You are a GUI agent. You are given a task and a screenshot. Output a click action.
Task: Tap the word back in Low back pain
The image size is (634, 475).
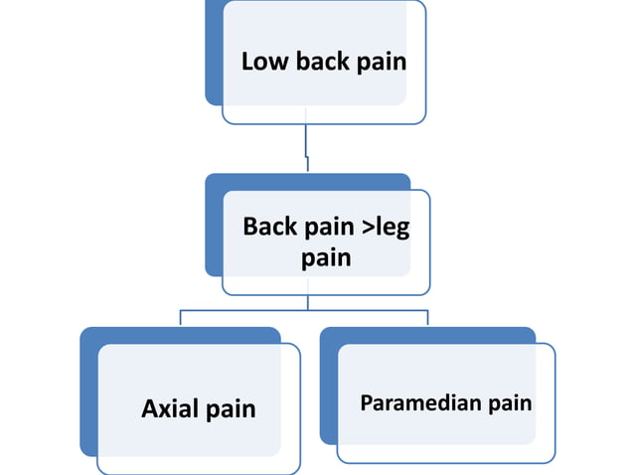321,62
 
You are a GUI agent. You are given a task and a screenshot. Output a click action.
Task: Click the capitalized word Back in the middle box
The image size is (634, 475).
270,227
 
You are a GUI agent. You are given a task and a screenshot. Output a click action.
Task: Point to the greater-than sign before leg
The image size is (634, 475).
368,228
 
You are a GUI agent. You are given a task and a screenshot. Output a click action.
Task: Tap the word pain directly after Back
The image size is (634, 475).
331,228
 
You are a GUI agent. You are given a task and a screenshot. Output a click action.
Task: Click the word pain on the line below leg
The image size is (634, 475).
326,258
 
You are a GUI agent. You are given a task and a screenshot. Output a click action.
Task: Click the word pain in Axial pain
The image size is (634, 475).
231,409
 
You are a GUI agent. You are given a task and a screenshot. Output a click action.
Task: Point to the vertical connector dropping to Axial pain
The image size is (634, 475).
180,318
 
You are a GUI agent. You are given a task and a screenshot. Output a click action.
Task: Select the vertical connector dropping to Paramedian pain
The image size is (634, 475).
427,318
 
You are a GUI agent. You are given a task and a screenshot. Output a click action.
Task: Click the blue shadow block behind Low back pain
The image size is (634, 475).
213,60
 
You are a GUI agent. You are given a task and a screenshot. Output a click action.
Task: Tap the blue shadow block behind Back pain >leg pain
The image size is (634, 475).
213,229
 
